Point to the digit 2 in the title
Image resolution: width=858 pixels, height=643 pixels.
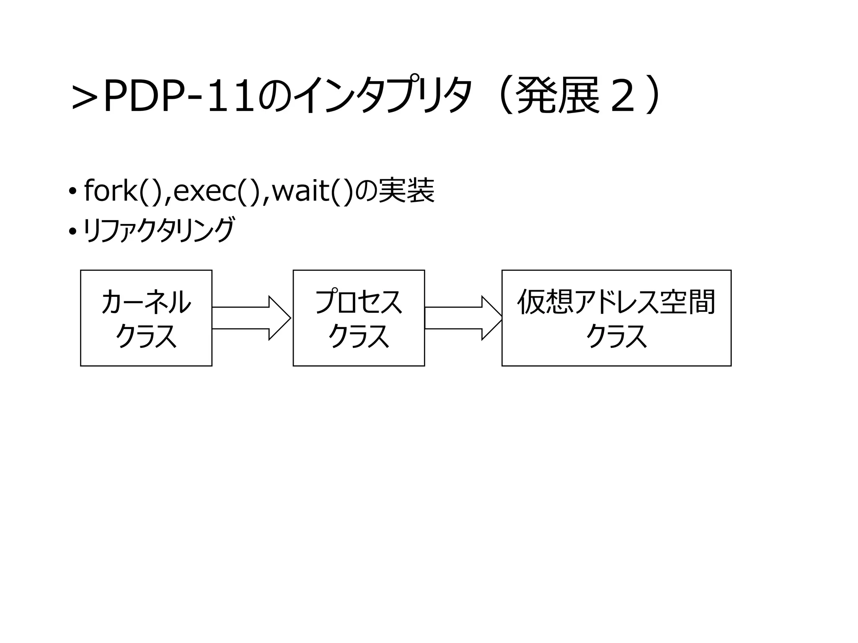click(x=623, y=97)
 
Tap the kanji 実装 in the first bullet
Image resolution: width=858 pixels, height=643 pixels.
click(x=406, y=191)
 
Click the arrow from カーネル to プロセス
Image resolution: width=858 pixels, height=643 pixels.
click(x=251, y=318)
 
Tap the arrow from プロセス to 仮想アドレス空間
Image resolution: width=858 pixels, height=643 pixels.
click(x=463, y=318)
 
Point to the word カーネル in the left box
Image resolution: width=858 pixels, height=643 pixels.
click(x=146, y=302)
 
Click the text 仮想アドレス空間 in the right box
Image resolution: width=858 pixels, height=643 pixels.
click(x=616, y=302)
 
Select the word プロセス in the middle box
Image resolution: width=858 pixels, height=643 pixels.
click(x=359, y=302)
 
